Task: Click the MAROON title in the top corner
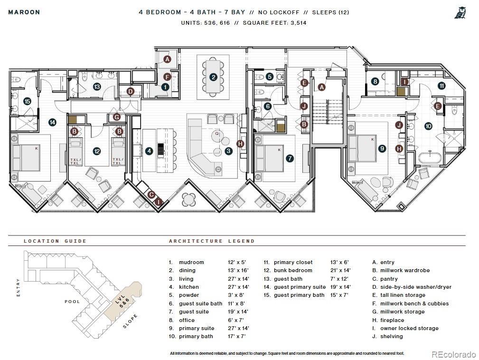(24, 12)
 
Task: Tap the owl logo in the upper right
(460, 13)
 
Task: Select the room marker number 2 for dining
(214, 76)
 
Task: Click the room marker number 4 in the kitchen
(149, 151)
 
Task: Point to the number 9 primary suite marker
(382, 148)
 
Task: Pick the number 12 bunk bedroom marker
(97, 151)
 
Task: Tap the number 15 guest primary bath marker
(27, 101)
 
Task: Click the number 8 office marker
(375, 81)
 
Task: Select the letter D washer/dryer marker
(131, 91)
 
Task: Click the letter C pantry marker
(151, 194)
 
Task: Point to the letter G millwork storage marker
(117, 117)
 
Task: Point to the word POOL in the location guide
(72, 302)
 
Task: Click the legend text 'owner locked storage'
(409, 328)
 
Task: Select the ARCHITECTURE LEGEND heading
(212, 241)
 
